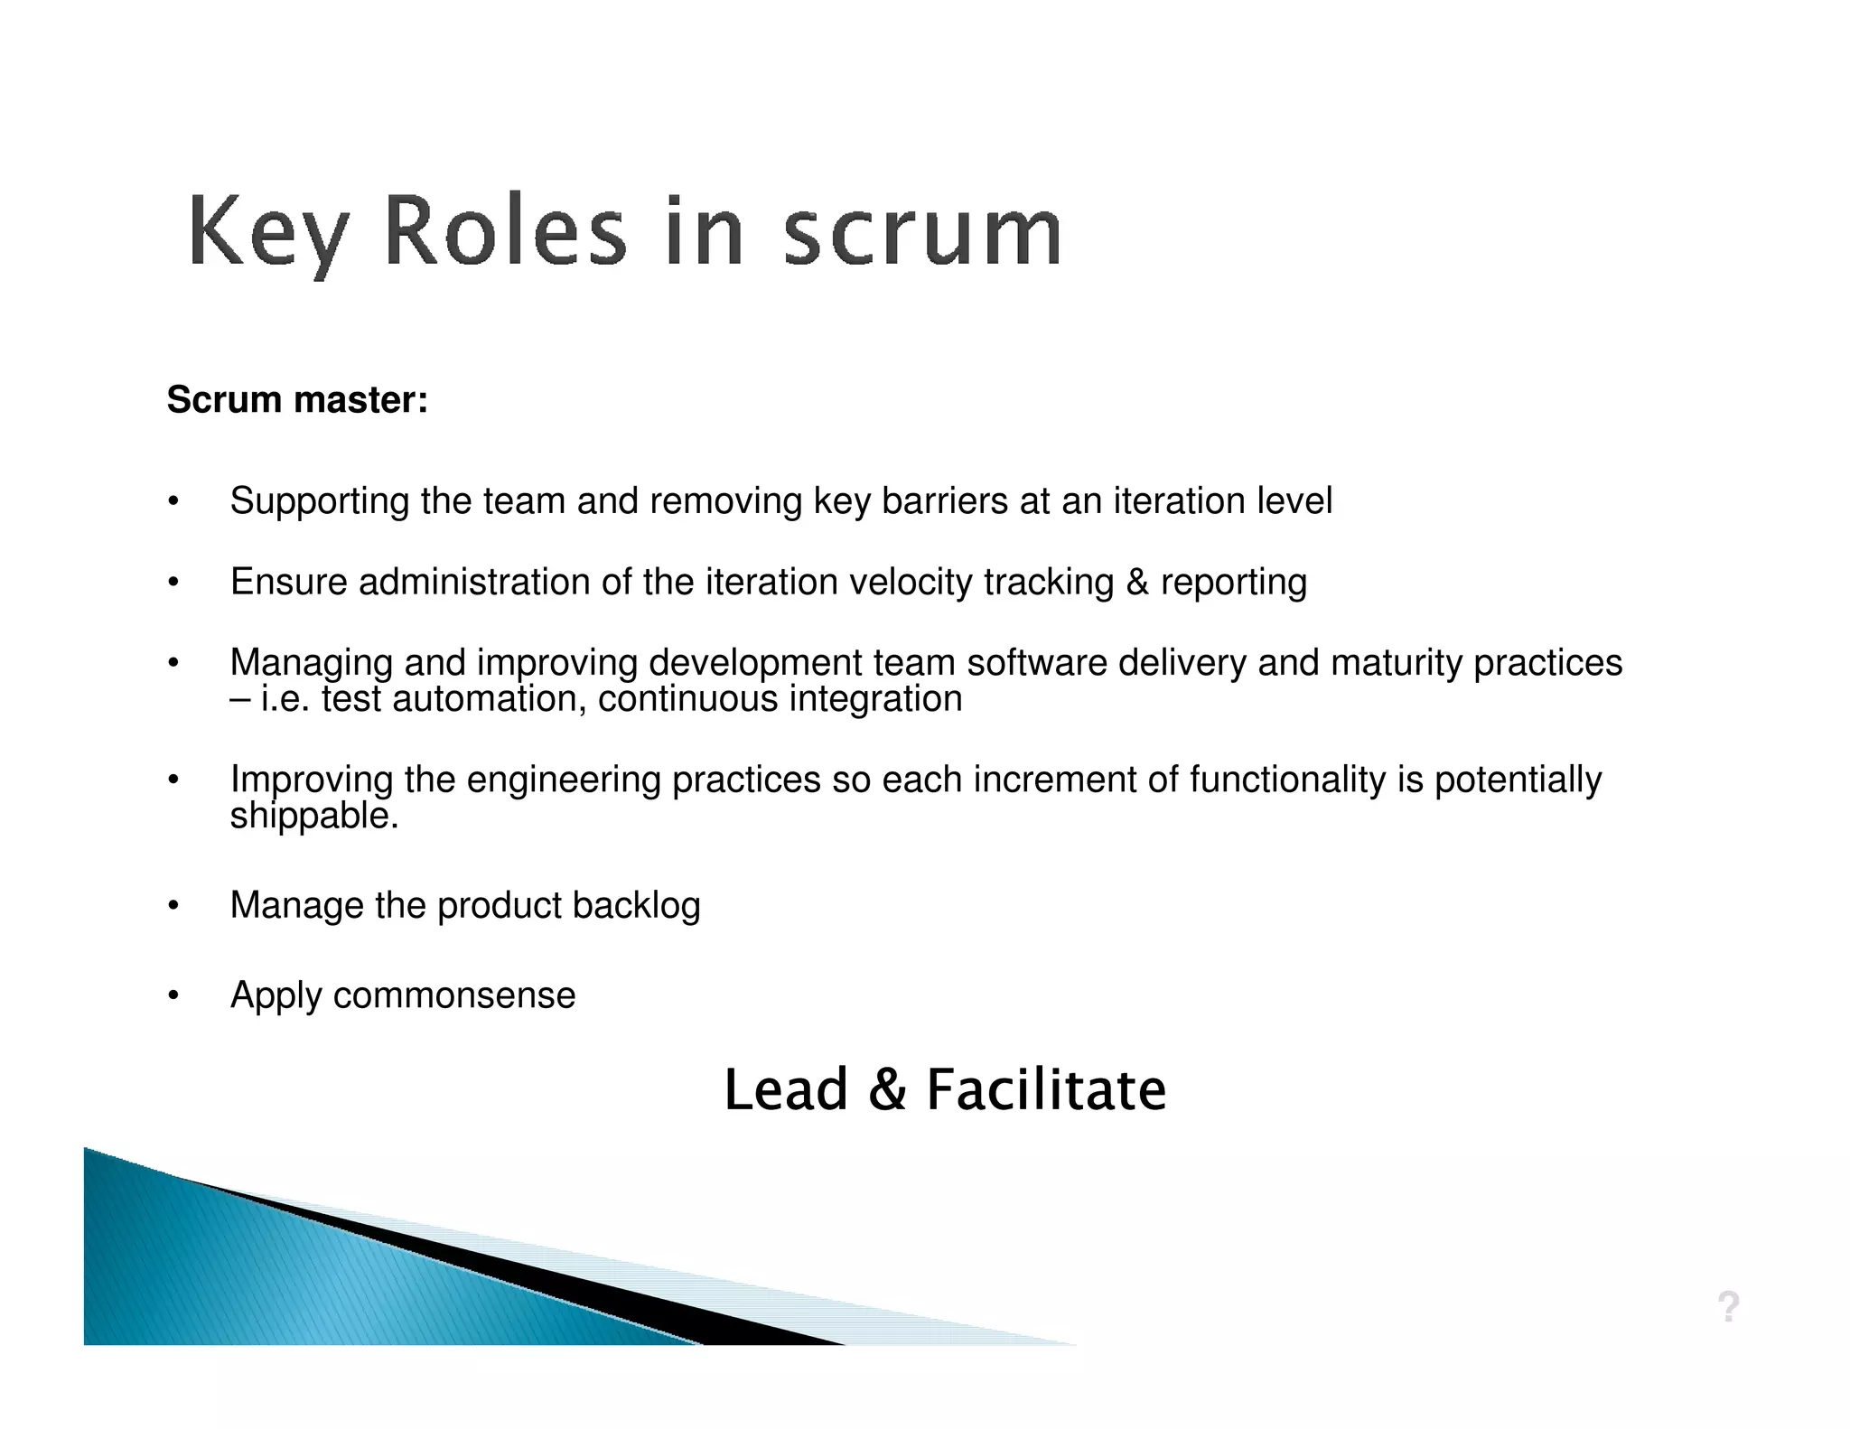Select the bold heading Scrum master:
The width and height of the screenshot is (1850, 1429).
pyautogui.click(x=297, y=400)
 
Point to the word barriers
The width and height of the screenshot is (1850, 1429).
pyautogui.click(x=944, y=501)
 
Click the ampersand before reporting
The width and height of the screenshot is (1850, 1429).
pyautogui.click(x=1137, y=583)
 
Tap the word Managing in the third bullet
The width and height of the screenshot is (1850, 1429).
pyautogui.click(x=311, y=664)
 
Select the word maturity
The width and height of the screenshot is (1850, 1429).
pyautogui.click(x=1397, y=664)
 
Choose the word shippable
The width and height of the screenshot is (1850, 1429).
pyautogui.click(x=313, y=817)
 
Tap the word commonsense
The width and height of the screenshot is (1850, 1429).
pyautogui.click(x=453, y=995)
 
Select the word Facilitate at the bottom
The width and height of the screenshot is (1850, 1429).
pyautogui.click(x=1046, y=1089)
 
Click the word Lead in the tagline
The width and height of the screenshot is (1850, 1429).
pyautogui.click(x=786, y=1089)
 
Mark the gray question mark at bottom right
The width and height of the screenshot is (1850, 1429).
pyautogui.click(x=1728, y=1307)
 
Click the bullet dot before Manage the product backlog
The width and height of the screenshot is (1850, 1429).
pyautogui.click(x=173, y=906)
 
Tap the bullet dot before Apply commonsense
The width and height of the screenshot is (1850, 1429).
pyautogui.click(x=173, y=995)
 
